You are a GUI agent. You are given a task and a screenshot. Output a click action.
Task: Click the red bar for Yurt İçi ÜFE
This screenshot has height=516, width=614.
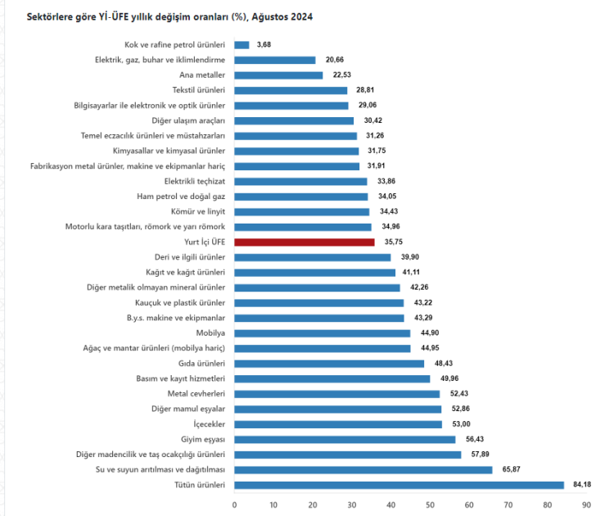tap(304, 242)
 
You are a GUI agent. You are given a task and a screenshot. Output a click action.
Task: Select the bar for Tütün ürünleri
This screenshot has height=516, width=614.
tap(399, 485)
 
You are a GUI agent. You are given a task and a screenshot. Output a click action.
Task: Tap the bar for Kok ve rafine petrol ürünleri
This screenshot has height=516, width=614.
tap(242, 44)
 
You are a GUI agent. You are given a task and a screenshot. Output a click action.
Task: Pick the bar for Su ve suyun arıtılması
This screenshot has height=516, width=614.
tap(363, 469)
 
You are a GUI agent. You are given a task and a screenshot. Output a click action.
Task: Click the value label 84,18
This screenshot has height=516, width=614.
tap(582, 485)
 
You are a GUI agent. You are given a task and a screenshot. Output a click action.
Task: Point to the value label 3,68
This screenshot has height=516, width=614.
tap(264, 44)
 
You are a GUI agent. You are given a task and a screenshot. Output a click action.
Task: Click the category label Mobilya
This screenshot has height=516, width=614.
tap(210, 333)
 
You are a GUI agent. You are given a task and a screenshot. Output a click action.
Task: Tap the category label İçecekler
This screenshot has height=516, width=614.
tap(206, 424)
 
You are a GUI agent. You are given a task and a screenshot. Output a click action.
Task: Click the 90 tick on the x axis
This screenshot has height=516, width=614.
tap(586, 505)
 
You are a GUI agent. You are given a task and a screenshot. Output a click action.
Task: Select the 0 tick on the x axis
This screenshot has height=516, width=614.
tap(234, 505)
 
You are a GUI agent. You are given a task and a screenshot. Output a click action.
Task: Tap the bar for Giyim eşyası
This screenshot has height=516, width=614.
tap(345, 439)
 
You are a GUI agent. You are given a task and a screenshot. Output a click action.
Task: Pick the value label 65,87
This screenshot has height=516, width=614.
tap(511, 469)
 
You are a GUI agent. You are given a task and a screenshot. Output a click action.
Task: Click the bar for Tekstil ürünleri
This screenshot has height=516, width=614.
tap(291, 90)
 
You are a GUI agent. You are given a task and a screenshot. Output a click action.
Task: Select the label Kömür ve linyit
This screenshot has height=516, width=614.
tap(203, 211)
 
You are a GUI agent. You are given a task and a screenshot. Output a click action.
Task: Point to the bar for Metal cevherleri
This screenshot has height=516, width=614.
tap(336, 394)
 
